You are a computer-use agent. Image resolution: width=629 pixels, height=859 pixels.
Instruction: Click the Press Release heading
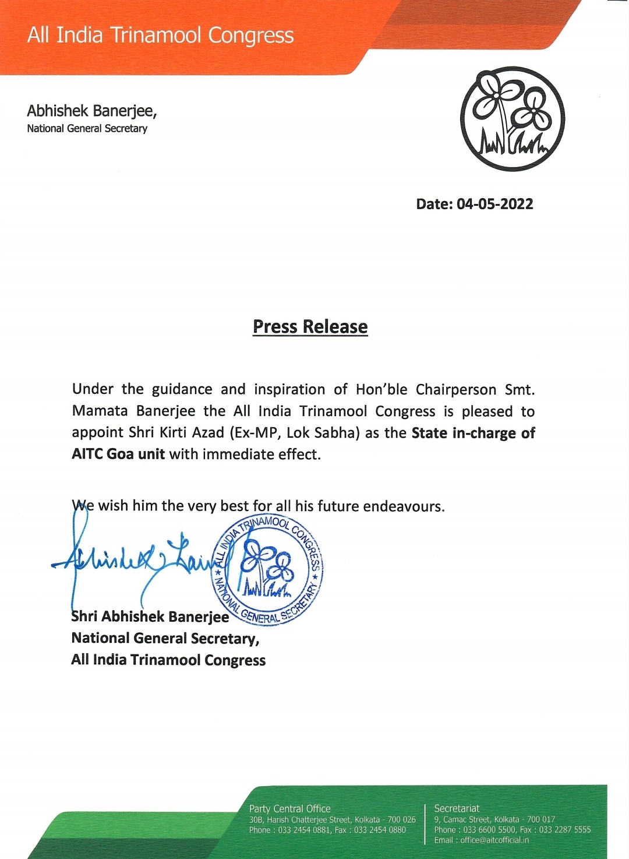click(x=310, y=327)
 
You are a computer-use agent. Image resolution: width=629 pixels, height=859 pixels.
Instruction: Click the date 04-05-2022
click(x=494, y=204)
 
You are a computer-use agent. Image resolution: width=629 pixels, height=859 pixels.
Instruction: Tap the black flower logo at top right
click(x=512, y=119)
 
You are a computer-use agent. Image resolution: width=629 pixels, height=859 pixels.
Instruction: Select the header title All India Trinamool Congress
click(x=160, y=36)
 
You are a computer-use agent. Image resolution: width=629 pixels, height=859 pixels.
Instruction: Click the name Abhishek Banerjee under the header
click(x=91, y=111)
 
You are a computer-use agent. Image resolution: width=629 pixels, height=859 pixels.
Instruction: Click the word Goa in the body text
click(x=120, y=454)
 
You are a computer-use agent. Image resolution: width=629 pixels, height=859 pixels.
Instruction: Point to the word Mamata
click(x=100, y=411)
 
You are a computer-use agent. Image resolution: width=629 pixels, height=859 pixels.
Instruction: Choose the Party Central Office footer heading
click(x=289, y=808)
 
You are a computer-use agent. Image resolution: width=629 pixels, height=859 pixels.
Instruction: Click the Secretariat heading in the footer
click(x=457, y=808)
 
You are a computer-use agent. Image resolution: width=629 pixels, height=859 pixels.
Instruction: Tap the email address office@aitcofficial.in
click(x=494, y=840)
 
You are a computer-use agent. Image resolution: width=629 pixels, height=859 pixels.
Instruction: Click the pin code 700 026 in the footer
click(x=402, y=819)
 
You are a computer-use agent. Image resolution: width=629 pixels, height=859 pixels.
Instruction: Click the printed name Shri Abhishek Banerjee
click(x=150, y=617)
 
